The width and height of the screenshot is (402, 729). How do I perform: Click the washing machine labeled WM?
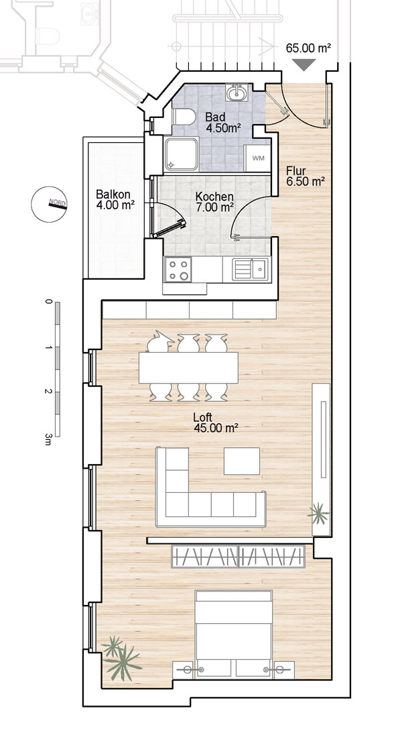[x=258, y=158]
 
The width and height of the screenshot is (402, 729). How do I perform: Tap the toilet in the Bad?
[x=184, y=117]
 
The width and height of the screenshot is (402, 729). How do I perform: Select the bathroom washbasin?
[x=238, y=92]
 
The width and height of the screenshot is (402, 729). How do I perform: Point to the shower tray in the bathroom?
[x=181, y=154]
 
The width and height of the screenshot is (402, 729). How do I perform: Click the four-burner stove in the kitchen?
[x=178, y=269]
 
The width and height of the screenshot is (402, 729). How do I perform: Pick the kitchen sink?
[x=251, y=269]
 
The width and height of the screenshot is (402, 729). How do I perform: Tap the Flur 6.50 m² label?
[x=305, y=176]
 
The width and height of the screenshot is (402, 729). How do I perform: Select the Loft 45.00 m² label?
[x=216, y=423]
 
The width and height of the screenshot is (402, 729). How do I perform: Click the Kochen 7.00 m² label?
[x=214, y=202]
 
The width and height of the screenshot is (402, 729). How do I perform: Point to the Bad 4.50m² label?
[x=223, y=122]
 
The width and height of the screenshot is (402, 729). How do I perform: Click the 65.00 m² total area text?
[x=308, y=48]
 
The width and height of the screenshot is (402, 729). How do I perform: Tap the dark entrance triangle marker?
[x=304, y=64]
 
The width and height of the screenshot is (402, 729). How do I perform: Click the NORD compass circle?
[x=49, y=204]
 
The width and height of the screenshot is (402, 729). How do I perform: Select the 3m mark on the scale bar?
[x=48, y=439]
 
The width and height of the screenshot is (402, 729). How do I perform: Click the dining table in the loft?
[x=188, y=368]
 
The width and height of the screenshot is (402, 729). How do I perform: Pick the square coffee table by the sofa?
[x=242, y=461]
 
